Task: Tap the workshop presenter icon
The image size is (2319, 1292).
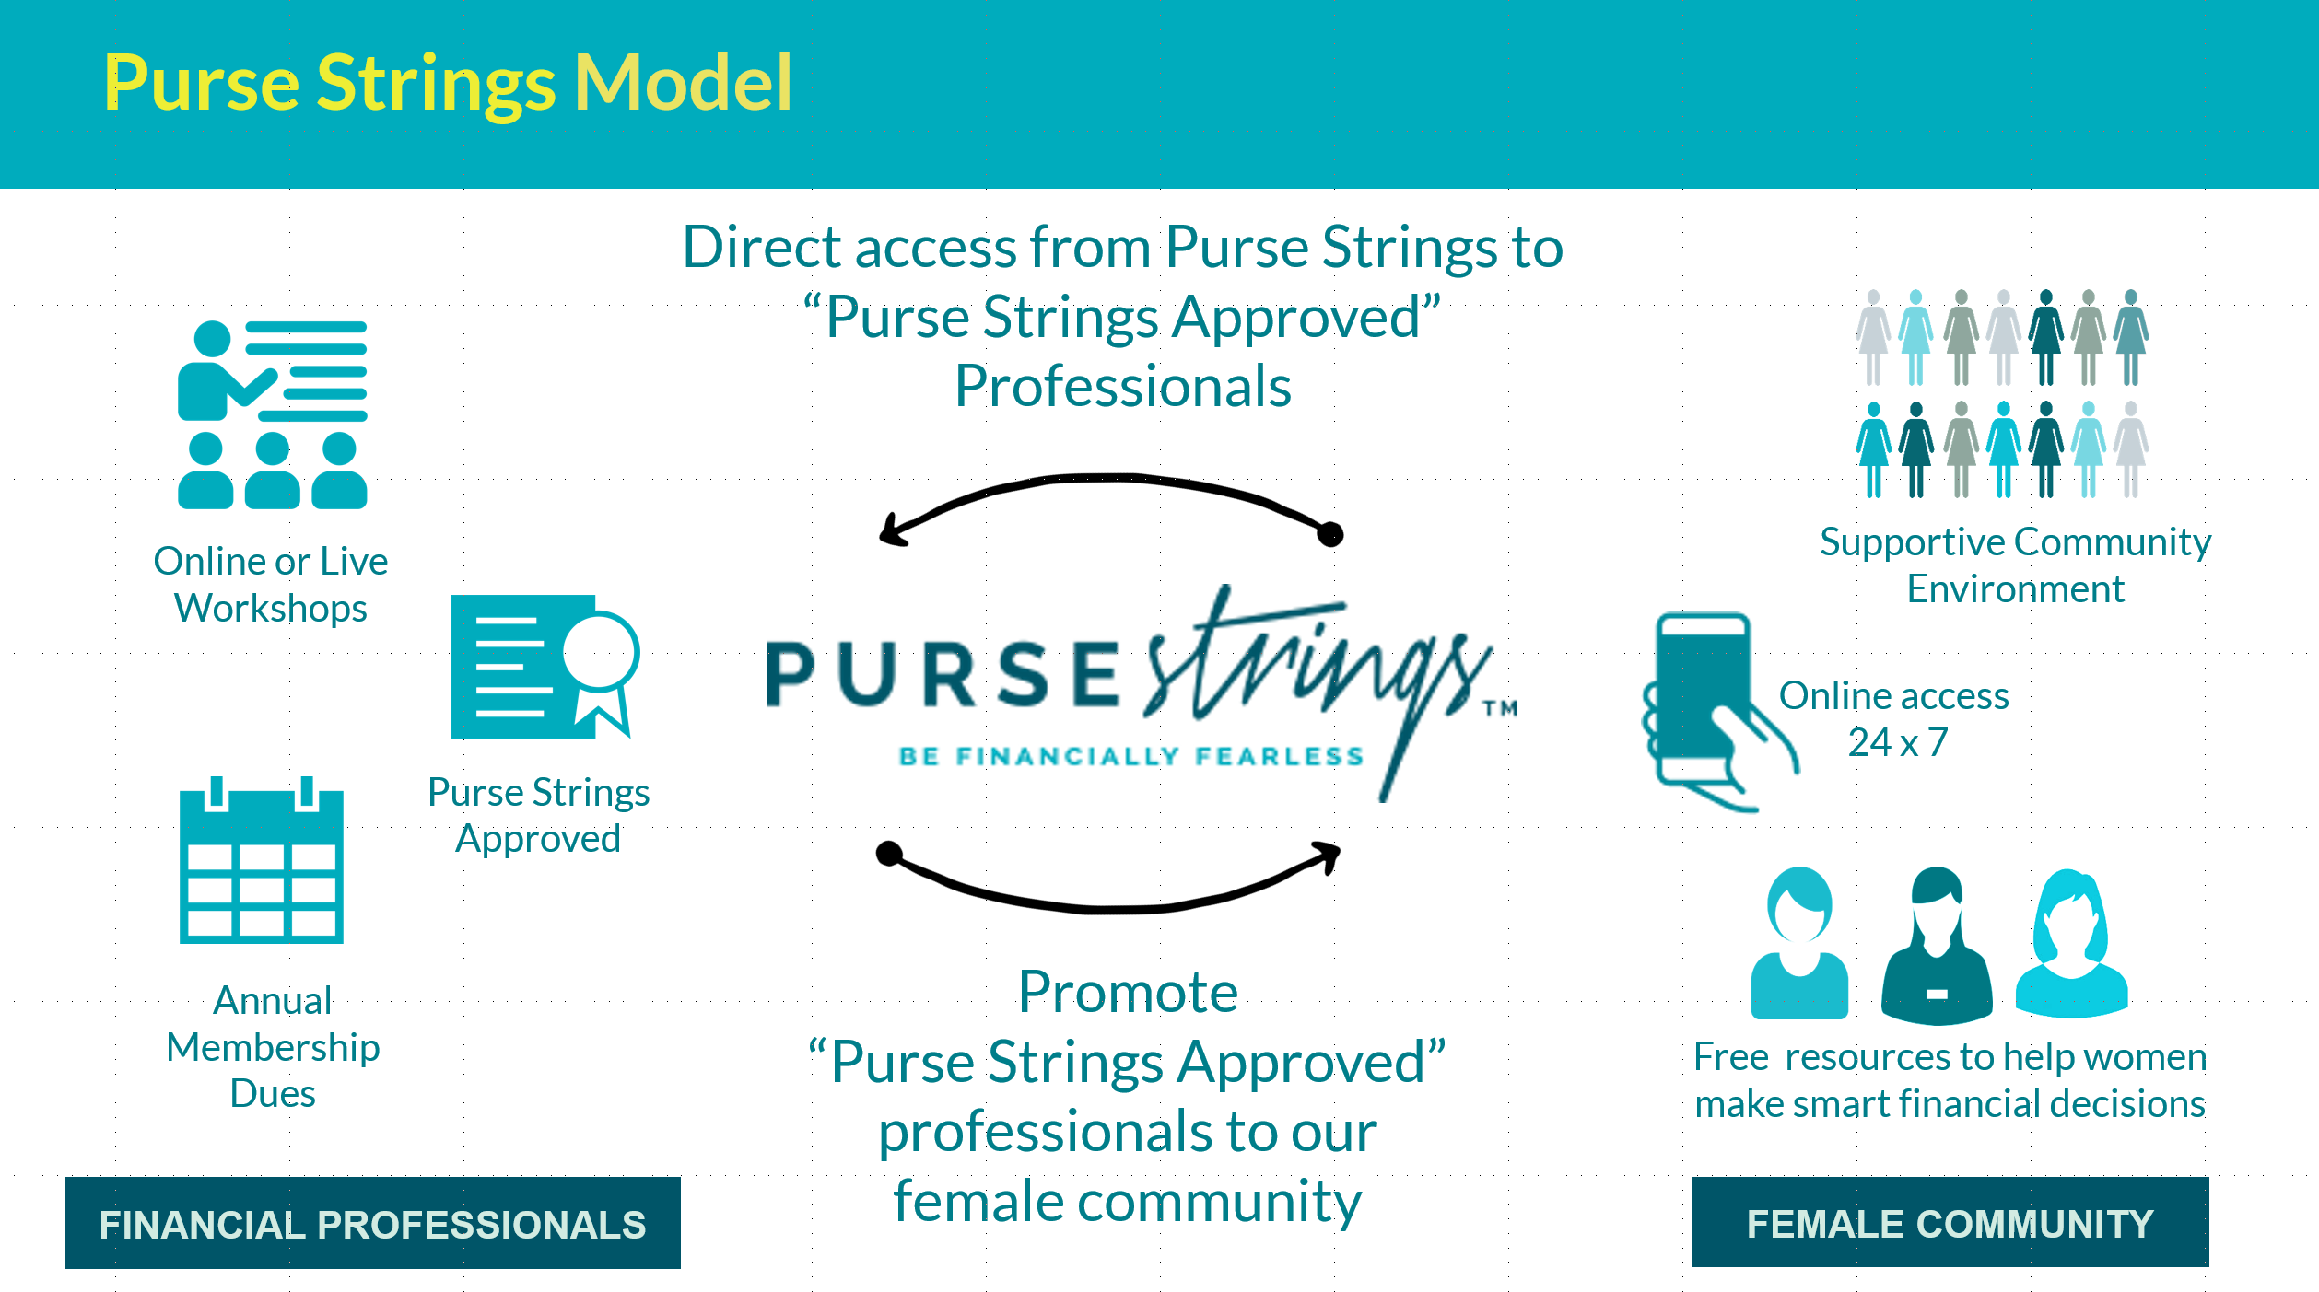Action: [273, 414]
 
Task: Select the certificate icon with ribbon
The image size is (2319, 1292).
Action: [545, 667]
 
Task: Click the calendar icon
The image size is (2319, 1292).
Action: [262, 860]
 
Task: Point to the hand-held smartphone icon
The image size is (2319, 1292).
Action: [1719, 712]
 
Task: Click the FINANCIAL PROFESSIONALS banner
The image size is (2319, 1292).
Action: [373, 1223]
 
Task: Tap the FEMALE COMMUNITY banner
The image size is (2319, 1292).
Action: [1950, 1222]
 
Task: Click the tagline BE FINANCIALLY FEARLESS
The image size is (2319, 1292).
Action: [1131, 756]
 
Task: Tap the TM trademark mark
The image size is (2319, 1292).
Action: [1499, 708]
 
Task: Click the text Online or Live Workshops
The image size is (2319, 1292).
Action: [271, 585]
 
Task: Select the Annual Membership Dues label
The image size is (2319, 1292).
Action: [273, 1047]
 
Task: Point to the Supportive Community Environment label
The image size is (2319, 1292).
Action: [2015, 565]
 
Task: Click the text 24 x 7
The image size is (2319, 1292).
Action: [1898, 742]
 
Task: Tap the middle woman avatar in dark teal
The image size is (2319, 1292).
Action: [1937, 945]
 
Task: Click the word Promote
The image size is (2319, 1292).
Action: [1128, 992]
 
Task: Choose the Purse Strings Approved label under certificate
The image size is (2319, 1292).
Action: [539, 815]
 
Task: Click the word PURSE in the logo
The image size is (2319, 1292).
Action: [943, 675]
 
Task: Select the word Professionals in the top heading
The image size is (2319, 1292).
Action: [1123, 386]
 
